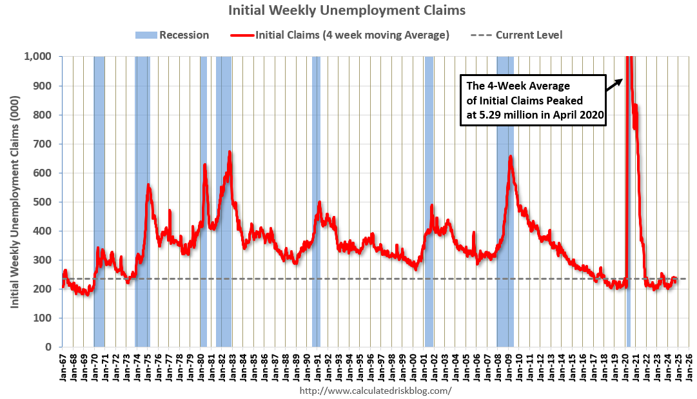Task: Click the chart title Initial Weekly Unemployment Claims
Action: pos(347,10)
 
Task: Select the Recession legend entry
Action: pos(172,35)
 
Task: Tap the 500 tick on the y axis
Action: pos(47,202)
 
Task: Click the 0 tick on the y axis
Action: pos(55,347)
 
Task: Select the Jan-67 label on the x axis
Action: pos(63,367)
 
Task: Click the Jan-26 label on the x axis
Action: pos(689,367)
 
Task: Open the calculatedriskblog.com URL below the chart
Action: pos(376,391)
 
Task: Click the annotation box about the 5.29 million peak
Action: pos(533,101)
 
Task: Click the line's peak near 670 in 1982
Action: pos(230,152)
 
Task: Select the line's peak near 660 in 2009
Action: pos(511,157)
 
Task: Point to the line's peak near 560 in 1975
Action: pos(148,185)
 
